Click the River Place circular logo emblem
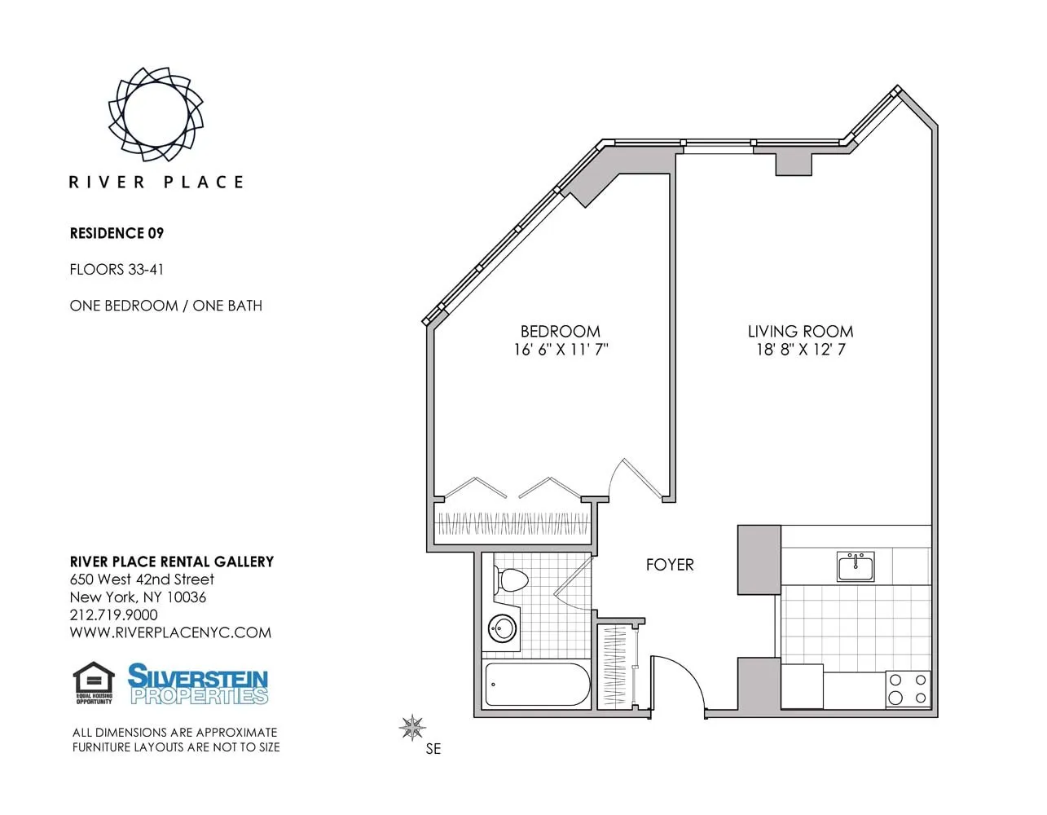point(156,113)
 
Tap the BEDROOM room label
point(560,331)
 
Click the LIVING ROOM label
point(800,331)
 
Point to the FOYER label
point(669,564)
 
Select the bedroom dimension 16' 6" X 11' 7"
point(561,350)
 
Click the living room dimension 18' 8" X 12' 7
point(800,350)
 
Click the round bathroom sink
point(502,628)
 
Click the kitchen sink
point(856,566)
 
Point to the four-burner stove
point(908,688)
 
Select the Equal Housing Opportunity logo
point(94,683)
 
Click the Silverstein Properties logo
point(198,684)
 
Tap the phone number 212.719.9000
point(113,615)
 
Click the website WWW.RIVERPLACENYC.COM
point(170,632)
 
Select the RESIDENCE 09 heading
point(117,233)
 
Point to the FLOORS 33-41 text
point(117,269)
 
